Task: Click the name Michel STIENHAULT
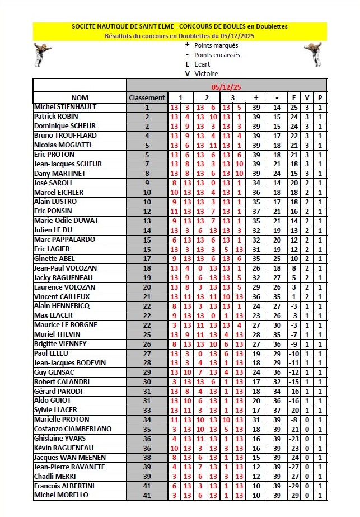66,107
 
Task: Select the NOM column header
80,97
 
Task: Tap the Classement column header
147,97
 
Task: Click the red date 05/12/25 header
226,87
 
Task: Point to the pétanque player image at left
43,54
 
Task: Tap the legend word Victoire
206,74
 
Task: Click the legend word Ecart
202,64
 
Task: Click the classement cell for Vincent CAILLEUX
147,296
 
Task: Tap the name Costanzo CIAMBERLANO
73,429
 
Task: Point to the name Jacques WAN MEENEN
69,458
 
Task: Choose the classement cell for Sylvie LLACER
147,410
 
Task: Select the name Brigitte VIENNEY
61,344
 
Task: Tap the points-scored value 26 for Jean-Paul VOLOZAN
256,268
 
